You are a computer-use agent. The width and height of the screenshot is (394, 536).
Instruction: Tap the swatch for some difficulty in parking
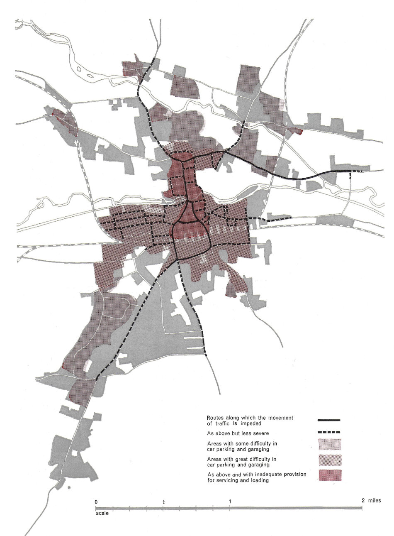pyautogui.click(x=330, y=445)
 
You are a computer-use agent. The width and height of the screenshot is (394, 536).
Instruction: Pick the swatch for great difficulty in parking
pyautogui.click(x=330, y=460)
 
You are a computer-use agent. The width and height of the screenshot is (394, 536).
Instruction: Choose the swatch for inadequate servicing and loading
pyautogui.click(x=330, y=475)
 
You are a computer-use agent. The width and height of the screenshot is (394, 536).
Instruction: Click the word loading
pyautogui.click(x=259, y=480)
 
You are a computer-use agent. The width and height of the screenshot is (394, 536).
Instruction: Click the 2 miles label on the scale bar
pyautogui.click(x=371, y=500)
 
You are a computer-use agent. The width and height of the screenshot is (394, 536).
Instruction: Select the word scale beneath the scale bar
pyautogui.click(x=102, y=513)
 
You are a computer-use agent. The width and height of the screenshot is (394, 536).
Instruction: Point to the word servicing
pyautogui.click(x=228, y=480)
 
